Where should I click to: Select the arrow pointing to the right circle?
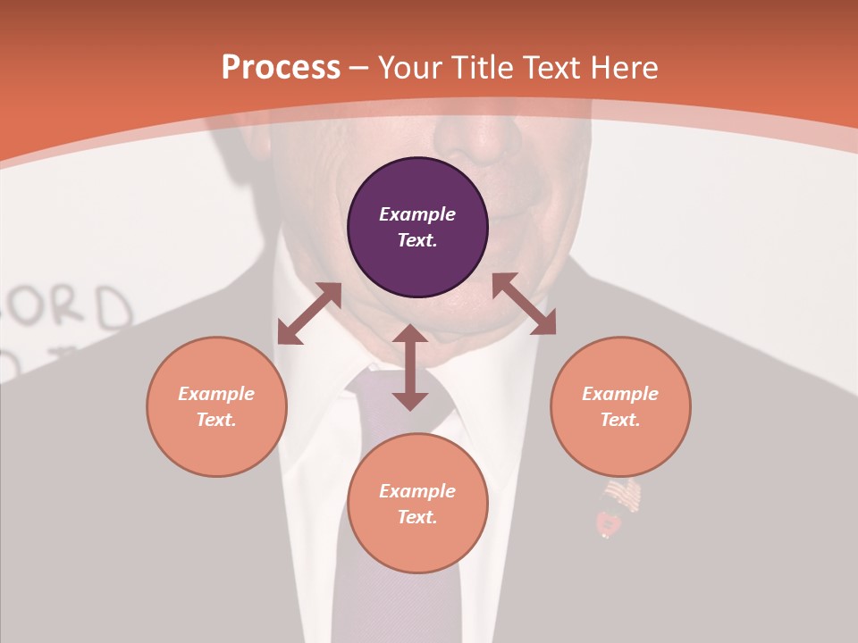[x=524, y=304]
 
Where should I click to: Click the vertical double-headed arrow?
[x=410, y=367]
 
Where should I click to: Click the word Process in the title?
[x=281, y=67]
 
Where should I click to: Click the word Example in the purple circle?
[x=417, y=214]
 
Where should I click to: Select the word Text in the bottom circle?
[x=417, y=517]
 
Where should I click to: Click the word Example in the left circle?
[x=216, y=394]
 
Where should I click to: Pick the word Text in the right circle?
[x=620, y=420]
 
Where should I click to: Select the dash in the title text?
[x=359, y=68]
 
